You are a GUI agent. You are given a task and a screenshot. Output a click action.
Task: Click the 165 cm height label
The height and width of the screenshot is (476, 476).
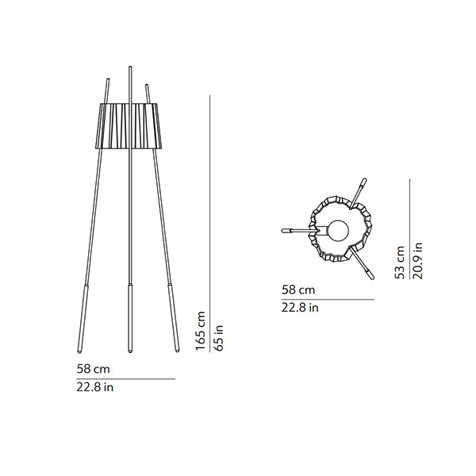(x=201, y=331)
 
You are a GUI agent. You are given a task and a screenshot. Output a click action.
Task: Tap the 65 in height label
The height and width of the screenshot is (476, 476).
(x=219, y=338)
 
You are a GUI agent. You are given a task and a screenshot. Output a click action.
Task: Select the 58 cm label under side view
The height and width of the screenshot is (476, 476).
(x=93, y=369)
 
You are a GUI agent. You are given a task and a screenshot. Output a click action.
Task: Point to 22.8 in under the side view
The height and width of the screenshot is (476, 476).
(x=95, y=387)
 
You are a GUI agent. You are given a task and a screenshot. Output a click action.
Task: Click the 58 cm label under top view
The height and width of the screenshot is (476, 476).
(x=298, y=290)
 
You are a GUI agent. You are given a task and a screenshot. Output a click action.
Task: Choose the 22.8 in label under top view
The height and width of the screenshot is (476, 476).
(x=300, y=308)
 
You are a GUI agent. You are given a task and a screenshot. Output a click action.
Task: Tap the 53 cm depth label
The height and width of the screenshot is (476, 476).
(x=400, y=263)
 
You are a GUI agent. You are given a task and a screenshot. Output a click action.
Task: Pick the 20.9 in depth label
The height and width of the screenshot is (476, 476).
(x=418, y=261)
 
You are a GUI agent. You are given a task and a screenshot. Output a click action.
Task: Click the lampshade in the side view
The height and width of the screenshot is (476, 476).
(x=130, y=126)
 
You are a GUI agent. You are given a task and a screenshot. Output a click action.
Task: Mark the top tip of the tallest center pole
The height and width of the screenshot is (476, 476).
(x=130, y=67)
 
